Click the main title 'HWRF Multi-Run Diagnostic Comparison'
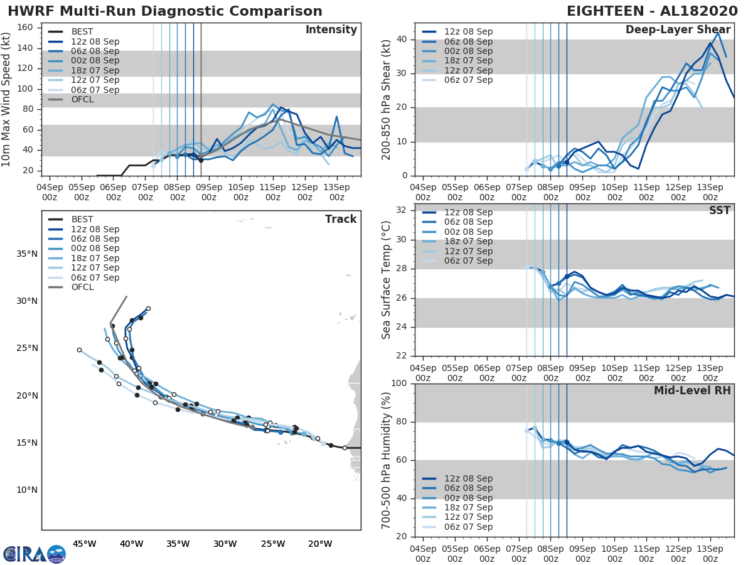pyautogui.click(x=165, y=11)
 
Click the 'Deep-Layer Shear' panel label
pyautogui.click(x=678, y=30)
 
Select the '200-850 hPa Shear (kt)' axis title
pyautogui.click(x=387, y=100)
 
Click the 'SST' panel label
pyautogui.click(x=720, y=210)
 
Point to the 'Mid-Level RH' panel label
pyautogui.click(x=692, y=390)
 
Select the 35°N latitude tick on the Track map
pyautogui.click(x=27, y=254)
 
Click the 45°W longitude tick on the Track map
pyautogui.click(x=84, y=544)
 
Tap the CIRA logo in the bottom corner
pyautogui.click(x=35, y=554)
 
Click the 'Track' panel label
pyautogui.click(x=341, y=219)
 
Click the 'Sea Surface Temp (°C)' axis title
pyautogui.click(x=387, y=280)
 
